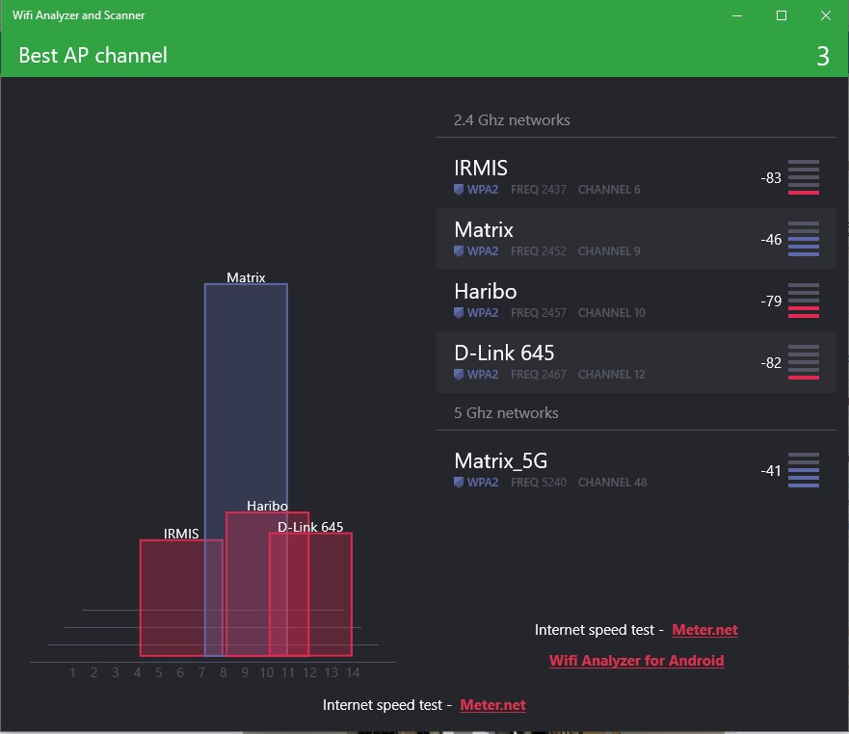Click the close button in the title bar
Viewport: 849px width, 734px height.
click(x=826, y=15)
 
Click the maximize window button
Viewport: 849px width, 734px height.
click(x=782, y=15)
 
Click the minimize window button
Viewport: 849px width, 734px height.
click(x=737, y=15)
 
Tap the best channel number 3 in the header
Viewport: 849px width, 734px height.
click(x=822, y=56)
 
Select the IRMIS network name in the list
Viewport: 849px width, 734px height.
click(x=481, y=169)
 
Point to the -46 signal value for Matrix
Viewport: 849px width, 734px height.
click(x=771, y=240)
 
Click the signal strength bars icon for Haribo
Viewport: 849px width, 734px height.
click(x=803, y=301)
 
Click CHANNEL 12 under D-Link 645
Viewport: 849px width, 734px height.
click(x=612, y=375)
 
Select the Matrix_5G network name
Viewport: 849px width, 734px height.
click(x=500, y=461)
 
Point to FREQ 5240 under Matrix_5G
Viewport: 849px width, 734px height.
click(x=539, y=483)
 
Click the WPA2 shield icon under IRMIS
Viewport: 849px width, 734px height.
click(x=459, y=190)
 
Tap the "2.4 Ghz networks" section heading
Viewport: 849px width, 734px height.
click(x=512, y=120)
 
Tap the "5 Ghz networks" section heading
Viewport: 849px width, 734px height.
click(x=506, y=413)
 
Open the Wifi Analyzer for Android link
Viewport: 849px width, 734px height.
click(x=636, y=661)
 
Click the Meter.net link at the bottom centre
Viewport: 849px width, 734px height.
click(x=492, y=705)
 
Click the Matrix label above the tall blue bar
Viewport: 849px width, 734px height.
click(x=246, y=277)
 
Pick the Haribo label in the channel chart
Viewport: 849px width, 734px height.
click(x=267, y=506)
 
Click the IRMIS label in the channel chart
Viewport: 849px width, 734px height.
click(x=181, y=534)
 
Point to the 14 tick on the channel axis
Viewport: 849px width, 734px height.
click(x=353, y=672)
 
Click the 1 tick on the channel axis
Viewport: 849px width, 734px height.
click(x=73, y=672)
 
